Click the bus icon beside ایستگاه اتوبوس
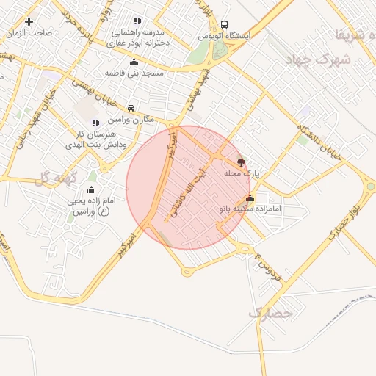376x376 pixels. point(223,23)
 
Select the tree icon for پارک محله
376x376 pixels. point(242,162)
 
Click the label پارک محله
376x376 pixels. point(242,174)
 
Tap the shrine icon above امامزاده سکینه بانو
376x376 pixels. point(250,198)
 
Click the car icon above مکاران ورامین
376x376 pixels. point(131,108)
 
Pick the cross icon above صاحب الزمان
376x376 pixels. point(29,21)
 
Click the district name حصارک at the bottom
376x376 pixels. point(270,313)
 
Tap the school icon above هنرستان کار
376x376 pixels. point(95,122)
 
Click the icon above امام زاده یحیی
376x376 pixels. point(92,189)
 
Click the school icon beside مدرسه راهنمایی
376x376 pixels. point(137,21)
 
